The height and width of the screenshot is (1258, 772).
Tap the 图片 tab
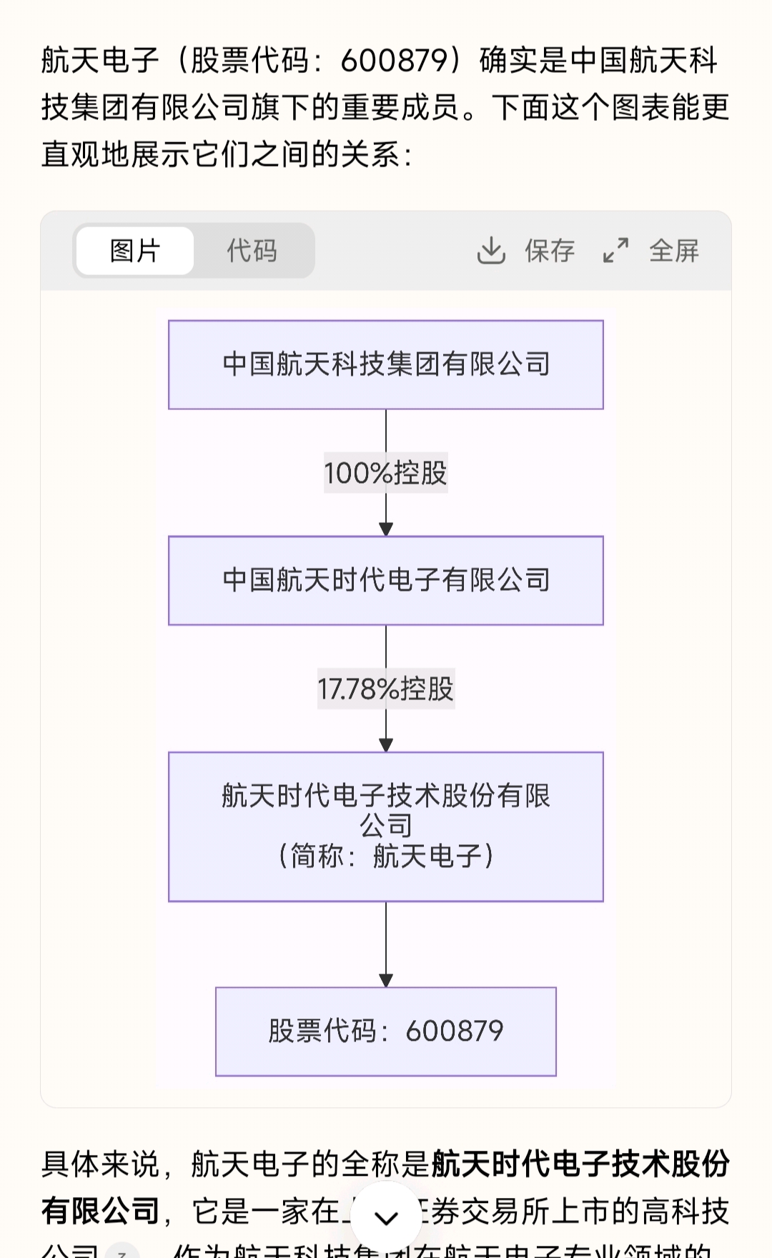tap(134, 251)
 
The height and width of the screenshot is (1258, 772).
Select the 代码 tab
tap(252, 251)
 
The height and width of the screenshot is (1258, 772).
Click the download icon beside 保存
tap(491, 251)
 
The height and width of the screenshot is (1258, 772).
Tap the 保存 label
tap(550, 251)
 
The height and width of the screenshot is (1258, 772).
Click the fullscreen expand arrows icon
tap(615, 251)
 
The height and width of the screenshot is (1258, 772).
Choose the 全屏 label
tap(674, 251)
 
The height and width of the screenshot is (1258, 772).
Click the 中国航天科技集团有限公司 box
tap(386, 364)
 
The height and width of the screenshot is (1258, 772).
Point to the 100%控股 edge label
tap(386, 473)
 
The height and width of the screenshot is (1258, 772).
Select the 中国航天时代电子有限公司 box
tap(386, 580)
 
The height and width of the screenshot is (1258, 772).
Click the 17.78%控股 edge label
tap(386, 689)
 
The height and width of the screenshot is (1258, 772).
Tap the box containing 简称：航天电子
tap(386, 827)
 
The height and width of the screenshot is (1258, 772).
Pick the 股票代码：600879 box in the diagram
tap(386, 1031)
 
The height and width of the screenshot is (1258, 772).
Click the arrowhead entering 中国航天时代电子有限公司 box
tap(386, 529)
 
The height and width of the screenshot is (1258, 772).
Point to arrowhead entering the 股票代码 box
tap(386, 981)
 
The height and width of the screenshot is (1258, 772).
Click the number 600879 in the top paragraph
tap(394, 61)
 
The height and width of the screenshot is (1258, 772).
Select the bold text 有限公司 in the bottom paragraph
tap(100, 1211)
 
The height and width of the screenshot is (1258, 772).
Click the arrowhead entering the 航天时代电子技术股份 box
tap(386, 745)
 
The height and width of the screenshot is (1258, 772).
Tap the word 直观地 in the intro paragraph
tap(86, 154)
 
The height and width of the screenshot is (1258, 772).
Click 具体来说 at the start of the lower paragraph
tap(100, 1164)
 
